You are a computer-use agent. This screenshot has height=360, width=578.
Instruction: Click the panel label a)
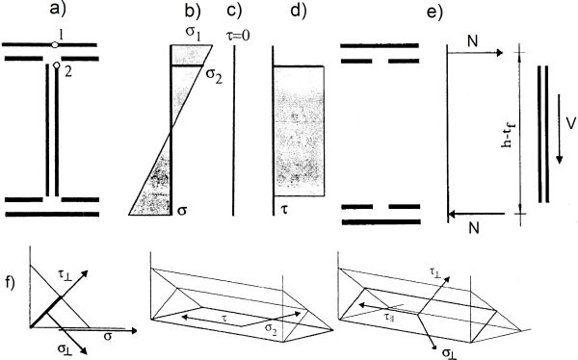click(57, 9)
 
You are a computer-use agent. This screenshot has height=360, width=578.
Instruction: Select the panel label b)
click(193, 12)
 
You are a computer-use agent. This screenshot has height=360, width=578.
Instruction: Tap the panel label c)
click(234, 11)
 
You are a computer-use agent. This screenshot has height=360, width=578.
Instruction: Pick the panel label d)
click(299, 11)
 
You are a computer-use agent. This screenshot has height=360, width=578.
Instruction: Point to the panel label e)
click(434, 12)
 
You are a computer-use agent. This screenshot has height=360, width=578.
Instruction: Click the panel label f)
click(10, 283)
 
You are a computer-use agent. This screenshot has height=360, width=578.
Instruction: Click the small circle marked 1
click(55, 45)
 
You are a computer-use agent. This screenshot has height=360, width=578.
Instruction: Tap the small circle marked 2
click(57, 65)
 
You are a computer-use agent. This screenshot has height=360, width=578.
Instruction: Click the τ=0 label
click(237, 36)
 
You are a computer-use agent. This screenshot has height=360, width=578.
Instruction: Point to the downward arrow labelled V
click(559, 129)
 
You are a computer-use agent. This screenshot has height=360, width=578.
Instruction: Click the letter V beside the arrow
click(570, 124)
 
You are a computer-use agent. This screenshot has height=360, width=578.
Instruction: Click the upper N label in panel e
click(473, 41)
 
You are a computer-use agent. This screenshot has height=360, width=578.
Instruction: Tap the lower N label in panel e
click(474, 229)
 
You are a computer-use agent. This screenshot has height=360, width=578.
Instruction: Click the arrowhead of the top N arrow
click(500, 53)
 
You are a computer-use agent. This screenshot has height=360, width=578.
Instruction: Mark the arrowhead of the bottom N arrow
click(451, 214)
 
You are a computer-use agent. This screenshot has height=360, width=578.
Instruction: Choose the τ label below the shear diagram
click(284, 211)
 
